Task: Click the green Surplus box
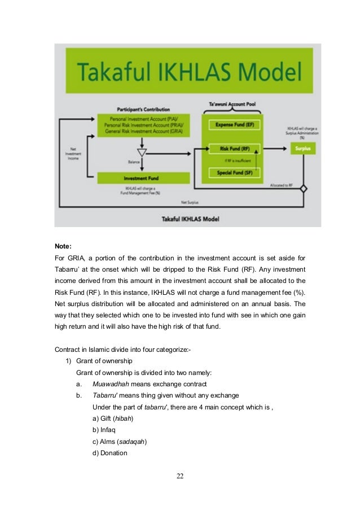pos(304,149)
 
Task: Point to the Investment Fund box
pos(141,178)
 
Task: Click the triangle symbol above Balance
pos(142,153)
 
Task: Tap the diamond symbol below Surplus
pos(304,188)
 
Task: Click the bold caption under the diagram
pos(187,219)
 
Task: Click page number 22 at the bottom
pos(180,476)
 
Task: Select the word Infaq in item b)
pos(111,429)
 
